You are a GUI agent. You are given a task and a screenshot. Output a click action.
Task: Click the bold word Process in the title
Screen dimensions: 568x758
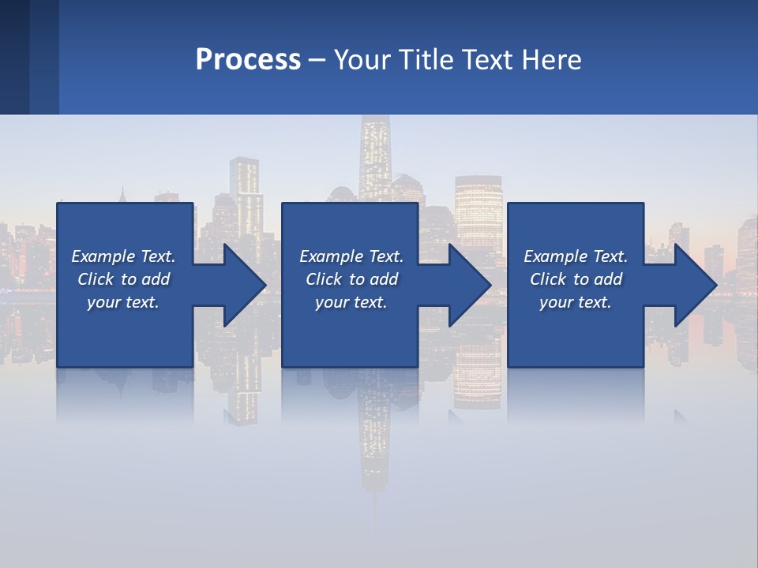(248, 59)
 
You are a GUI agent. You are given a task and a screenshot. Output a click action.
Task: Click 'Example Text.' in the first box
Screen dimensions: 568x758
(123, 256)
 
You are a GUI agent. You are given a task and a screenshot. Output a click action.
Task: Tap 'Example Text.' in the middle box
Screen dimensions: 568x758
(351, 256)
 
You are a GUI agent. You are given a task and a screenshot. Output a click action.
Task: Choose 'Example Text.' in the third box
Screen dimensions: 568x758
(576, 256)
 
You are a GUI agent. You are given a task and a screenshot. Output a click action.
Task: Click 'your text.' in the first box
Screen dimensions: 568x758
(123, 302)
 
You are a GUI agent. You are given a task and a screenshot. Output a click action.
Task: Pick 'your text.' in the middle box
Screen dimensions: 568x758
(351, 302)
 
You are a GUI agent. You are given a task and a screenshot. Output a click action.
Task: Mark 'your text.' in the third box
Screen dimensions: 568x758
(576, 302)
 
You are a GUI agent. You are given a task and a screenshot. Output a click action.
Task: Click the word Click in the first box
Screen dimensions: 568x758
(96, 279)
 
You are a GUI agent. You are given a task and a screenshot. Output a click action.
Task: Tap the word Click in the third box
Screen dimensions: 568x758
(548, 279)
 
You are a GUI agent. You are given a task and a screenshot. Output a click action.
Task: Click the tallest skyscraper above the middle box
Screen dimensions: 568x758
(373, 158)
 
